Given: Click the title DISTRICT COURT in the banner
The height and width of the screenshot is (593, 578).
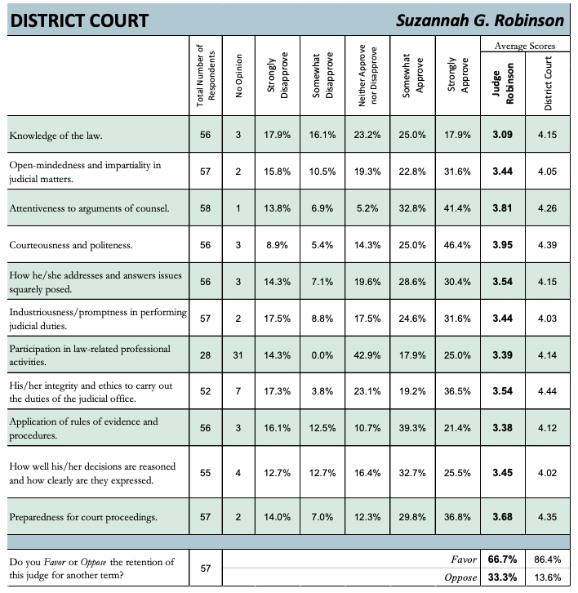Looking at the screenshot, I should coord(78,19).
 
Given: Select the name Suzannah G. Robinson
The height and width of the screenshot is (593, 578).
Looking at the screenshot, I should coord(482,19).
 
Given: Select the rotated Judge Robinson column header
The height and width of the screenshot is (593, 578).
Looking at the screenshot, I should coord(503,81).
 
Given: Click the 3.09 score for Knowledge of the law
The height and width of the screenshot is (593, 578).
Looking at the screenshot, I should coord(502,135).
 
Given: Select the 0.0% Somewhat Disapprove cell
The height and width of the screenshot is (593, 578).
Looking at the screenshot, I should coord(324,354).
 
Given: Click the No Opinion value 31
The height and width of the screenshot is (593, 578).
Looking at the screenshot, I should coord(238,354).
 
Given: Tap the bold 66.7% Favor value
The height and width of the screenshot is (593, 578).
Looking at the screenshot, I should coord(502,561).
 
